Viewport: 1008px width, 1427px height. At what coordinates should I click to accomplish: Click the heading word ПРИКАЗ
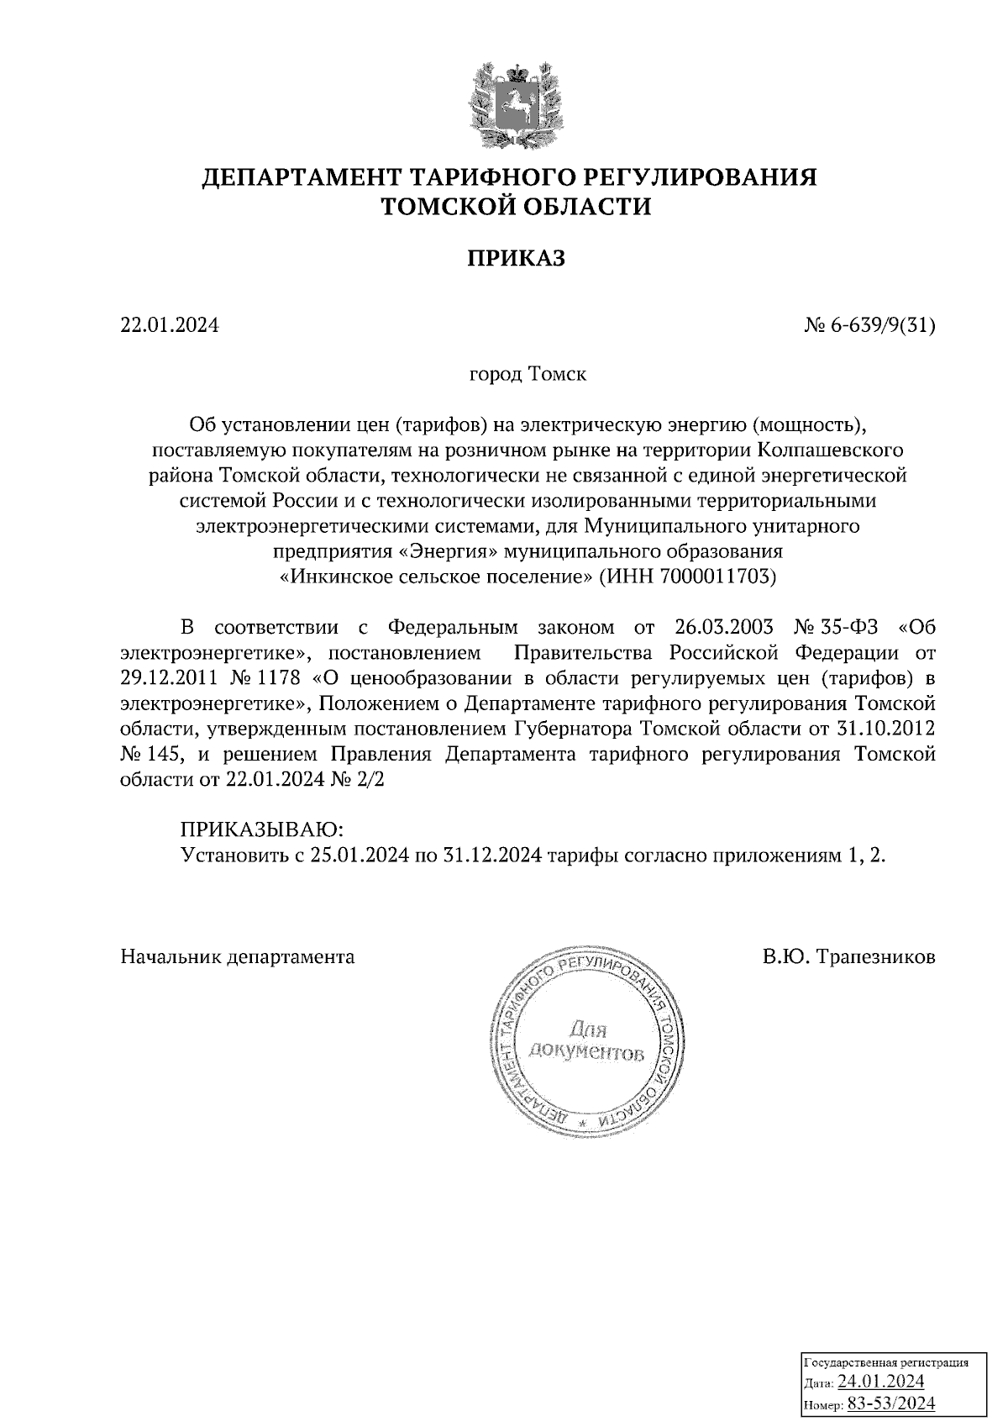click(516, 259)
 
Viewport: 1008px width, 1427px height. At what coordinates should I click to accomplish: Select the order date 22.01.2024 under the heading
click(170, 324)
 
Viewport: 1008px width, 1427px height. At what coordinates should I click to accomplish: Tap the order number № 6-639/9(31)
click(869, 324)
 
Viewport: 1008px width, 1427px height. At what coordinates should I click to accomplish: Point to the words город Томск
click(527, 373)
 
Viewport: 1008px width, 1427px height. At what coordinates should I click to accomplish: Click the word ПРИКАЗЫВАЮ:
click(262, 830)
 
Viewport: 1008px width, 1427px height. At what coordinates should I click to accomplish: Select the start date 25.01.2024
click(351, 856)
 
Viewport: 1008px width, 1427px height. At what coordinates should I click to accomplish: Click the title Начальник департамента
click(238, 956)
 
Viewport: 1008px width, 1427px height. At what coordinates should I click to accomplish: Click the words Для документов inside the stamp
click(586, 1041)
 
